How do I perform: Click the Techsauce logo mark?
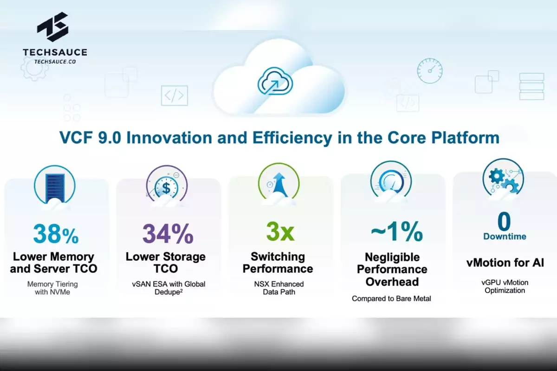tap(53, 27)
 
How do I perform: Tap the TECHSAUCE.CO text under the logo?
tap(55, 62)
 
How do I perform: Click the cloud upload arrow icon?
tap(275, 81)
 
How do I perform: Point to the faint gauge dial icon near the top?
tap(430, 71)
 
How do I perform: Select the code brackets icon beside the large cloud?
tap(175, 96)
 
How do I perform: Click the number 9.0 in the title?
tap(110, 138)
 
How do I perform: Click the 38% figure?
tap(56, 233)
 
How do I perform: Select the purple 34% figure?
tap(168, 233)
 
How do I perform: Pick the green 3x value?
tap(280, 231)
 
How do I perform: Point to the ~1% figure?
tap(397, 231)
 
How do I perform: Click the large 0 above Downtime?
tap(504, 221)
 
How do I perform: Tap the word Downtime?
tap(505, 237)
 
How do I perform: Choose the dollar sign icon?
tap(166, 188)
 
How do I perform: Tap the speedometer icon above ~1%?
tap(391, 182)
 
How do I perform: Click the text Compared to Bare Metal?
tap(391, 299)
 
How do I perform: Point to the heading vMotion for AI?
tap(505, 262)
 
